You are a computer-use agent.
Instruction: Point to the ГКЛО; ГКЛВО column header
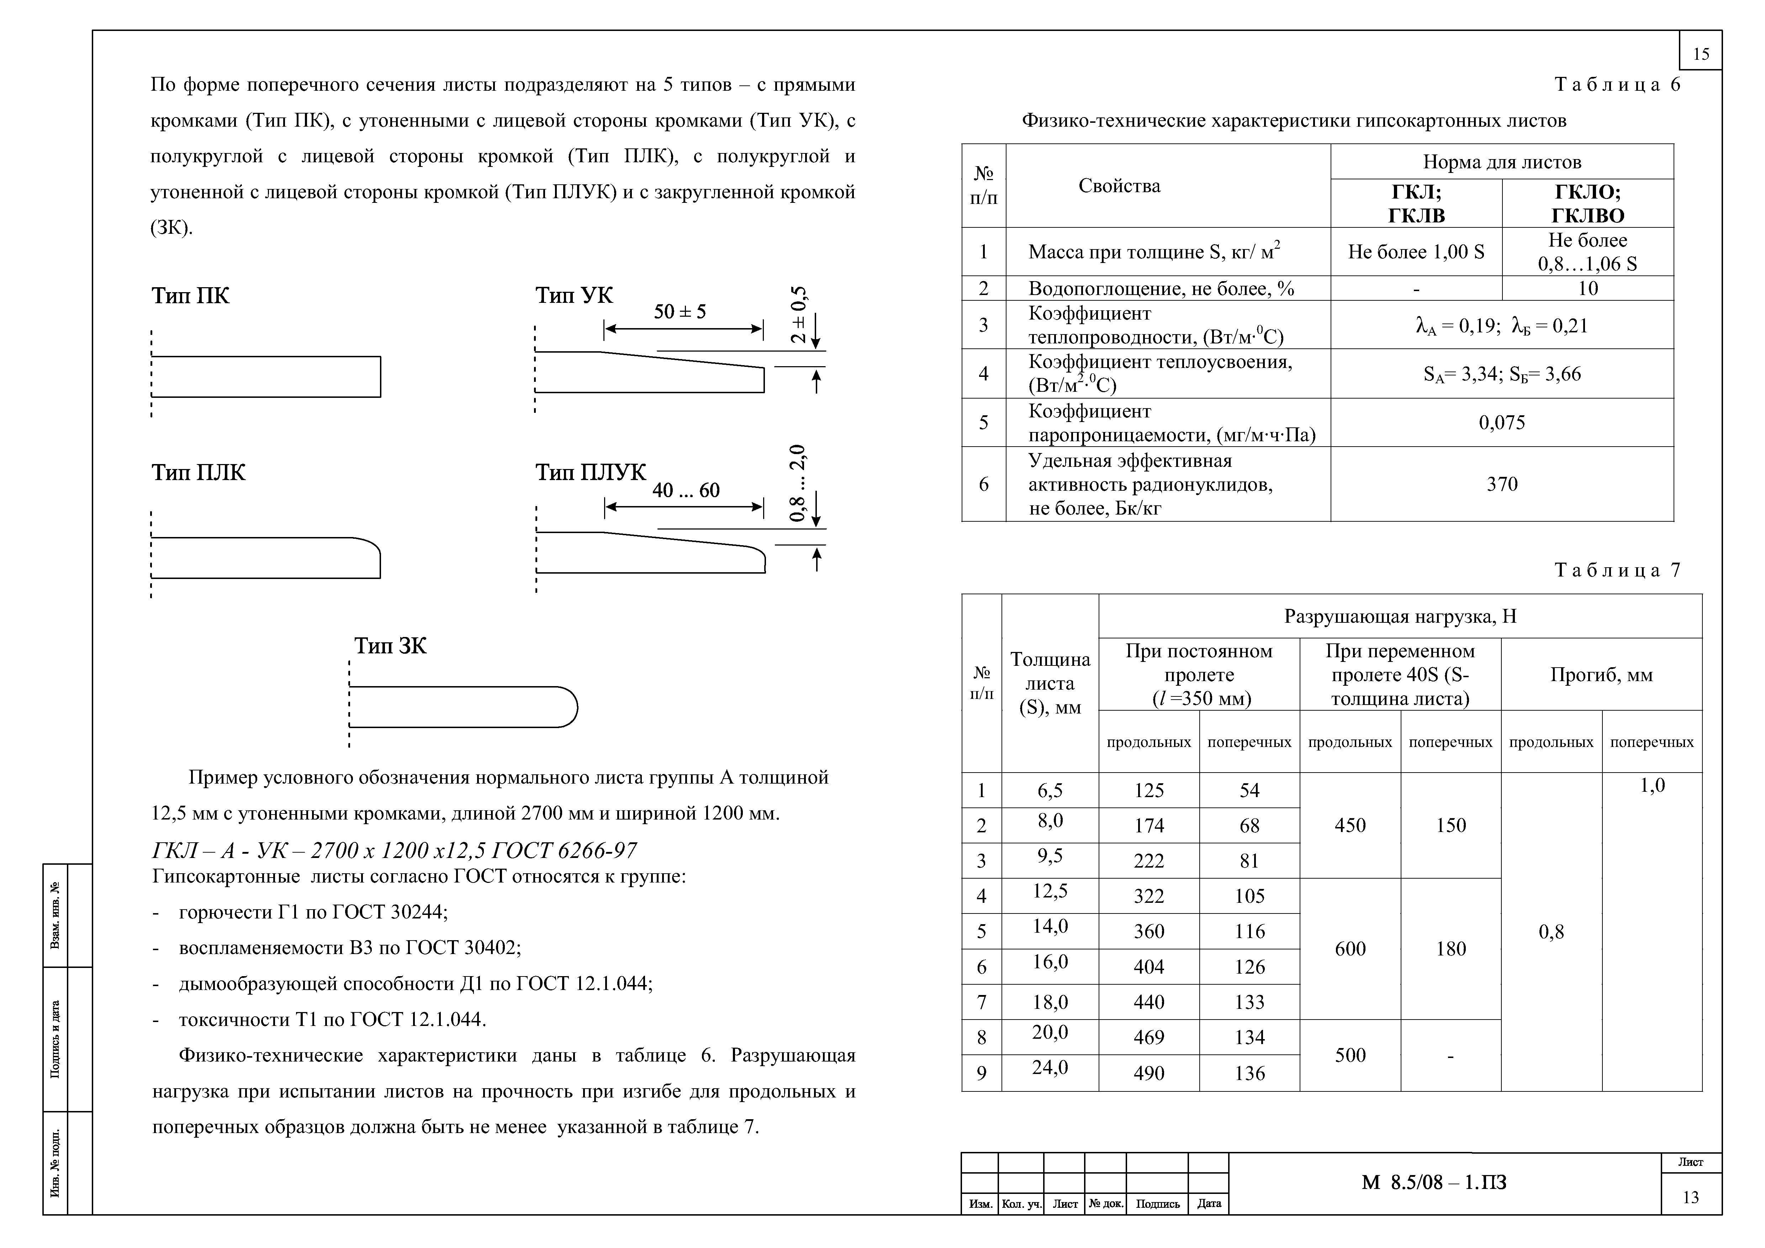(x=1587, y=203)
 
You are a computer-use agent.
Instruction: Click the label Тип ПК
(x=190, y=296)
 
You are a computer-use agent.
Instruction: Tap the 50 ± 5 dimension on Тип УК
(x=680, y=311)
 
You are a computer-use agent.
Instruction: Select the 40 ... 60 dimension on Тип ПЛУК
(x=686, y=491)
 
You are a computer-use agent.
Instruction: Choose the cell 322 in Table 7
(x=1148, y=896)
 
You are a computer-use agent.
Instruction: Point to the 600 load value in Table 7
(x=1350, y=949)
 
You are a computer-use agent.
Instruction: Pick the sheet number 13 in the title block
(x=1690, y=1197)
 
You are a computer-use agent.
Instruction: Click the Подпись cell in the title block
(x=1157, y=1204)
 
